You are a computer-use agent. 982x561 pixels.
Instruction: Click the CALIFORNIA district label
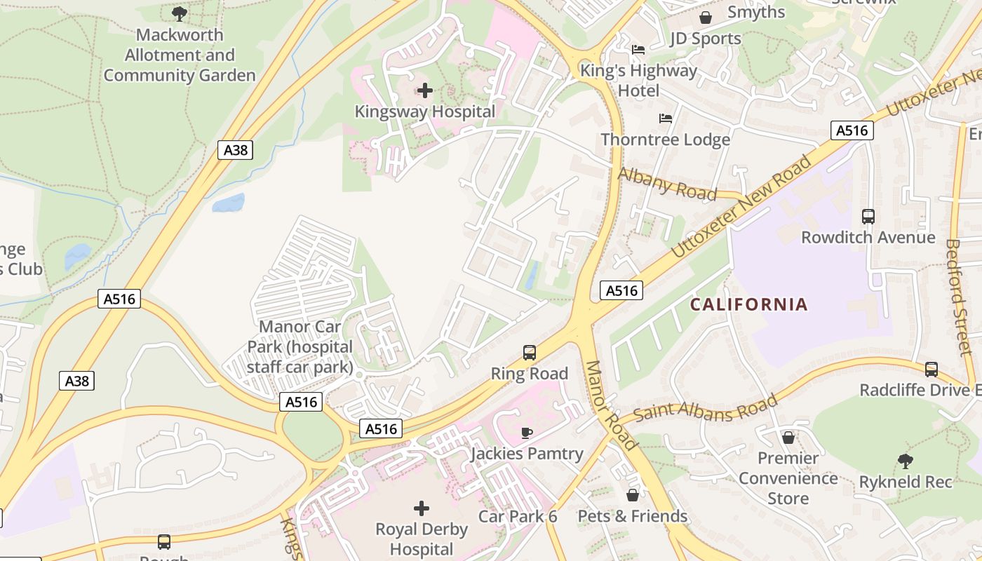[749, 304]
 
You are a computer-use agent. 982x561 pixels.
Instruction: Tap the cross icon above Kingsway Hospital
[424, 90]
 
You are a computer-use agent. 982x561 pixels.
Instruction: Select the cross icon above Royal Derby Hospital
[421, 508]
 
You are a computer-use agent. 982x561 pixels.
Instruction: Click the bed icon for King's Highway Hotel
[638, 50]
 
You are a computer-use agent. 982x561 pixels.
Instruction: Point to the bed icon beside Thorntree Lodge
[665, 119]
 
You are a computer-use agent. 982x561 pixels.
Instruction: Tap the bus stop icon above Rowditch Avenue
[868, 217]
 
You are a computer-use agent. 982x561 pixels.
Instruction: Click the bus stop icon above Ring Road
[530, 353]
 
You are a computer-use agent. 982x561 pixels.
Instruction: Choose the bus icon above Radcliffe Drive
[931, 369]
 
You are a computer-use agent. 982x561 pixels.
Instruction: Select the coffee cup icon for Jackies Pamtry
[526, 433]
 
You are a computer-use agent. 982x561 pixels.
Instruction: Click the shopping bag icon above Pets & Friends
[633, 495]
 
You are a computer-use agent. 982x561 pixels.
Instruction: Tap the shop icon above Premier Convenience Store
[788, 438]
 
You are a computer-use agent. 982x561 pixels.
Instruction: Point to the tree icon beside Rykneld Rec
[906, 461]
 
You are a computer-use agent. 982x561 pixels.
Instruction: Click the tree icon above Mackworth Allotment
[180, 13]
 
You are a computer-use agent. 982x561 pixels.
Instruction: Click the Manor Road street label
[610, 405]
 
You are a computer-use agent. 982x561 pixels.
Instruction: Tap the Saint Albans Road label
[706, 408]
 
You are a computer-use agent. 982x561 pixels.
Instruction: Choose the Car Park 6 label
[518, 517]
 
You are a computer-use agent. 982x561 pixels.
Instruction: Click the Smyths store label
[756, 12]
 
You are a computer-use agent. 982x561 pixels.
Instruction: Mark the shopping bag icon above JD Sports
[706, 18]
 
